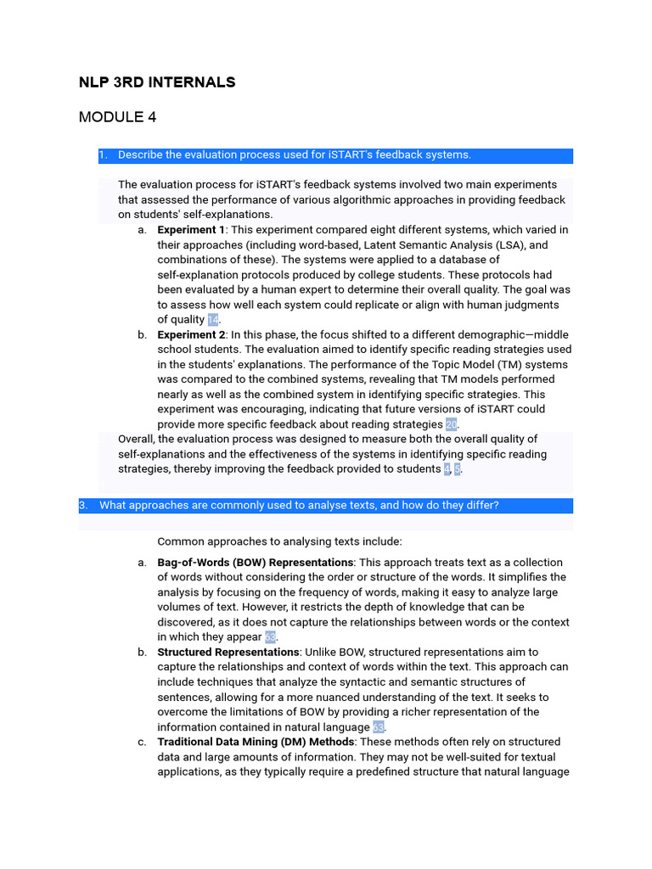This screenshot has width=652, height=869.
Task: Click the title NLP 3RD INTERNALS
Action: pyautogui.click(x=157, y=82)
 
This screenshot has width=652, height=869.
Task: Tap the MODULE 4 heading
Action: pyautogui.click(x=117, y=117)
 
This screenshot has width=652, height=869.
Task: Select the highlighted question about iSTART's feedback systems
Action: pyautogui.click(x=294, y=154)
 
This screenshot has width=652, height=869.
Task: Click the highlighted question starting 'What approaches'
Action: pyautogui.click(x=299, y=505)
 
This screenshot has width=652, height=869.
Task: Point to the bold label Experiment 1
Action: pyautogui.click(x=191, y=230)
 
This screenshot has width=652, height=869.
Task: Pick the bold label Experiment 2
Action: pyautogui.click(x=191, y=335)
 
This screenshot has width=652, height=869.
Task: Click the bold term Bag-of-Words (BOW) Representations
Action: pyautogui.click(x=255, y=563)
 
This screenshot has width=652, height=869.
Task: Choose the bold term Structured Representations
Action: pyautogui.click(x=228, y=653)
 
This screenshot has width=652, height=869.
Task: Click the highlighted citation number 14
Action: pyautogui.click(x=213, y=320)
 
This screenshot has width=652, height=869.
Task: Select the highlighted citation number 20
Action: pyautogui.click(x=452, y=424)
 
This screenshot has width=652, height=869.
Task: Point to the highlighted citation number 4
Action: pyautogui.click(x=447, y=469)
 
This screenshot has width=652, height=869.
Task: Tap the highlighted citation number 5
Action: pyautogui.click(x=458, y=469)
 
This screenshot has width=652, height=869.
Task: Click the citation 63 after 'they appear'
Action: pyautogui.click(x=271, y=637)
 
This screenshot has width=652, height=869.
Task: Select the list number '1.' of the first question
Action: pyautogui.click(x=103, y=154)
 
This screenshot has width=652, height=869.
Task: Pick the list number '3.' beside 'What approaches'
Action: pyautogui.click(x=83, y=505)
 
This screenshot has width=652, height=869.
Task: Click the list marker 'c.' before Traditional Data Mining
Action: pyautogui.click(x=142, y=743)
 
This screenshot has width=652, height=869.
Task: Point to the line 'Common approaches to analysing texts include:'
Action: pyautogui.click(x=280, y=541)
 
